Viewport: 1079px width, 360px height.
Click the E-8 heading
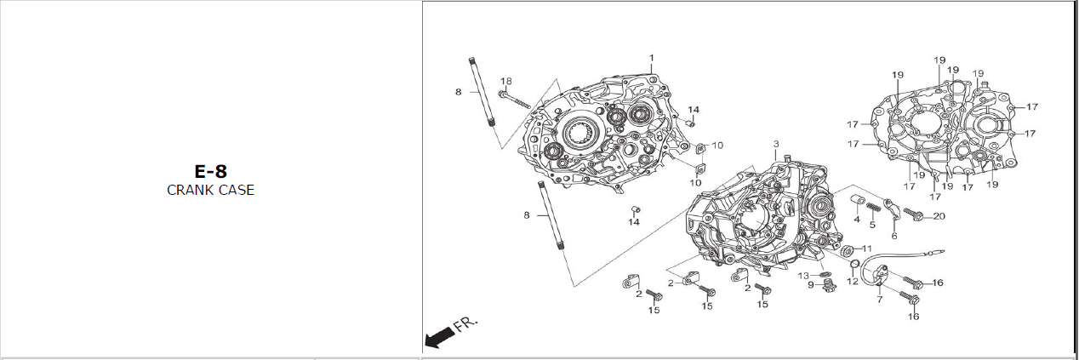[210, 171]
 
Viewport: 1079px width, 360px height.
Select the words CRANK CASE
[210, 191]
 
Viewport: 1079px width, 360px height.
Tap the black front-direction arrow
[437, 339]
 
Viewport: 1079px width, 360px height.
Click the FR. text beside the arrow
[466, 325]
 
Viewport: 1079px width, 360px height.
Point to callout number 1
[651, 59]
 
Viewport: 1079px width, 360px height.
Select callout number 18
[505, 81]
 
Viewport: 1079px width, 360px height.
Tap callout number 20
[939, 216]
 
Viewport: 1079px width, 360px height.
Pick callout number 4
[857, 220]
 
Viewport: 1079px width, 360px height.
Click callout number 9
[811, 285]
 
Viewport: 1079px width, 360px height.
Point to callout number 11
[867, 249]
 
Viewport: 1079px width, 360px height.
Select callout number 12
[853, 281]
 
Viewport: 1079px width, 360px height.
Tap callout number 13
[803, 276]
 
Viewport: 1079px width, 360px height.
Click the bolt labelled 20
[913, 213]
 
